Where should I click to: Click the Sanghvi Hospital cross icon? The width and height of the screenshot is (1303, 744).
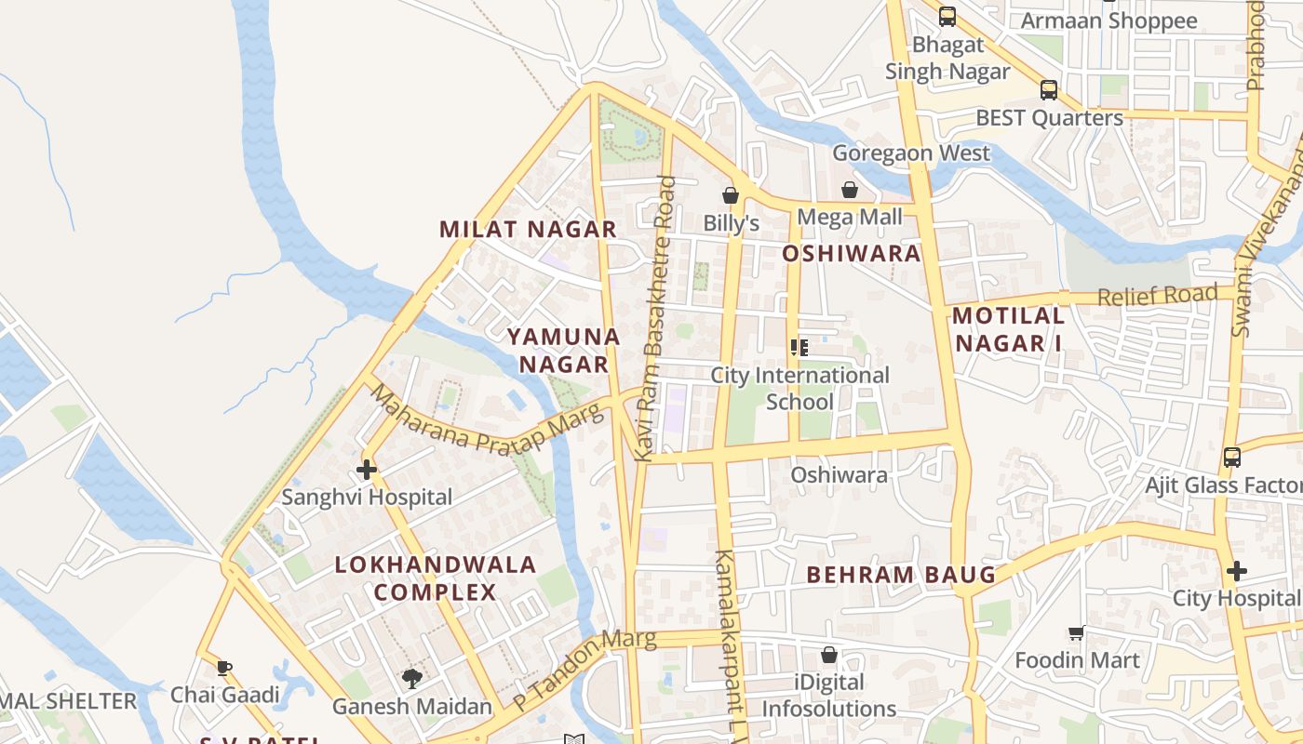pos(367,470)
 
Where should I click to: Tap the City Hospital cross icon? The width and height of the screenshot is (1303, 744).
pos(1236,570)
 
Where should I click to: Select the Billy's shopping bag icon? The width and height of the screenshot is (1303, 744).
pos(731,195)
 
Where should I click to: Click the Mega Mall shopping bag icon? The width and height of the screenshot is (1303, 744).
pos(850,190)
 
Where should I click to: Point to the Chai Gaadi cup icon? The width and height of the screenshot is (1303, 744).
pos(223,667)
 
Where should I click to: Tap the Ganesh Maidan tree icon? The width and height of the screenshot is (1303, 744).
pos(411,678)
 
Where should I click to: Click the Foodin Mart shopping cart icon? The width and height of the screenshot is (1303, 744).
pos(1077,633)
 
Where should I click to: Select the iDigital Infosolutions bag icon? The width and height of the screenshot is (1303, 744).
pos(829,655)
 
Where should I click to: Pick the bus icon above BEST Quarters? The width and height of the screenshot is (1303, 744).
pos(1049,90)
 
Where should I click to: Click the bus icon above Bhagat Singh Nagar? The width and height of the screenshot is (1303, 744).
pos(947,16)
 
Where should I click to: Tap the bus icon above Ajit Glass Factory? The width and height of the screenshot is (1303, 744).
pos(1232,457)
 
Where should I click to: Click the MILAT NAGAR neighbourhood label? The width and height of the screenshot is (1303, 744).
pos(528,229)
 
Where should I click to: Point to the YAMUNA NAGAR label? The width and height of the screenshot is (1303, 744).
pos(564,350)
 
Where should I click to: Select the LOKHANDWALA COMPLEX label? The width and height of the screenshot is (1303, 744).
pos(436,578)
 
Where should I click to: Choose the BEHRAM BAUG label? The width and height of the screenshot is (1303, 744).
pos(901,574)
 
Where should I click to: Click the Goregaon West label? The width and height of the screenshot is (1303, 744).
pos(911,153)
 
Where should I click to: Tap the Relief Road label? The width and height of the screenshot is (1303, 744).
pos(1157,296)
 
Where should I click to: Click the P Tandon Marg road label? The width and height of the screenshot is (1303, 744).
pos(584,668)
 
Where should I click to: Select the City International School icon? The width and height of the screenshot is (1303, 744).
pos(799,348)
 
